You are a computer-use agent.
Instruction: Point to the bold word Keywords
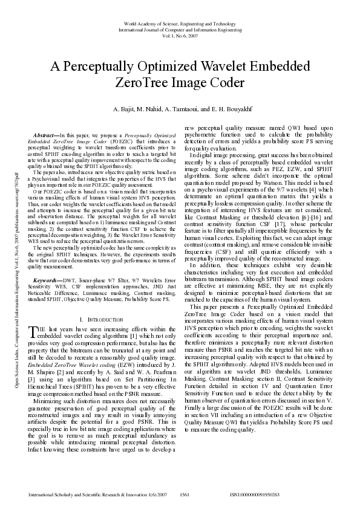(x=46, y=280)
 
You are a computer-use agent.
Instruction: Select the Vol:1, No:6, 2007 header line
(x=180, y=35)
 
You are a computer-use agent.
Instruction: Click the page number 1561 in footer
(x=185, y=494)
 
